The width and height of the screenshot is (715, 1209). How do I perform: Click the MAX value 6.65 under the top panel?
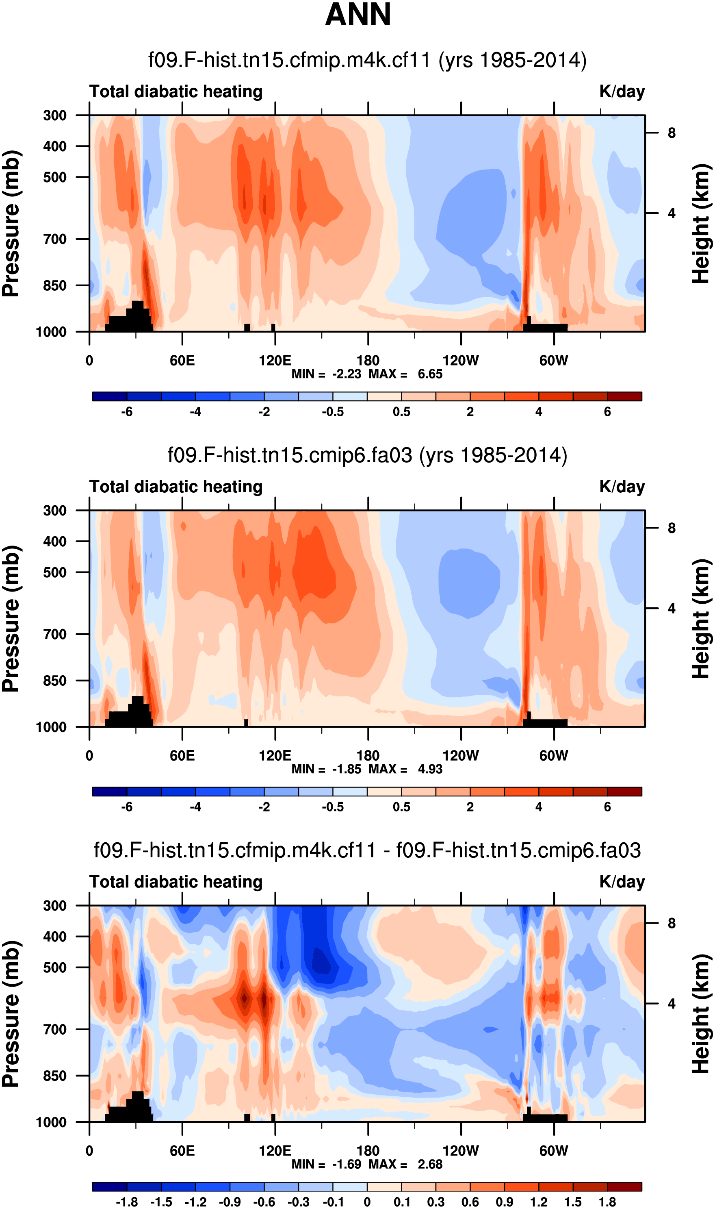click(x=430, y=374)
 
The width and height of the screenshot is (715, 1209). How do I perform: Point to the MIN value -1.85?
click(x=347, y=770)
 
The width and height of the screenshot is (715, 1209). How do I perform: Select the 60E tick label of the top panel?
click(x=182, y=361)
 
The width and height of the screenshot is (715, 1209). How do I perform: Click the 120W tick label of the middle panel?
click(x=461, y=755)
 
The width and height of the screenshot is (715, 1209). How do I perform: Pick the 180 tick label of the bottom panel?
click(x=368, y=1151)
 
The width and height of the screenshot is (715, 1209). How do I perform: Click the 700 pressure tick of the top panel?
click(x=55, y=239)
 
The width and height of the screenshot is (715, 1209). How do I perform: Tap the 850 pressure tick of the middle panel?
click(x=55, y=680)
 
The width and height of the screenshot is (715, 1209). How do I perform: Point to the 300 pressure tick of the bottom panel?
click(x=55, y=906)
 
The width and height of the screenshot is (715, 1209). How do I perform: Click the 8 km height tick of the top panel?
click(x=671, y=133)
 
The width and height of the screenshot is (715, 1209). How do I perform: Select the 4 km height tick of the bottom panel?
click(x=671, y=1004)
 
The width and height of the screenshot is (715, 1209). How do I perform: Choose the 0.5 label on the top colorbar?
click(x=401, y=412)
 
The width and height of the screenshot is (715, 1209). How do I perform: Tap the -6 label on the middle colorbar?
click(x=127, y=807)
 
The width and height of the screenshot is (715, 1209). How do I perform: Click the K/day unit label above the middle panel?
click(x=622, y=487)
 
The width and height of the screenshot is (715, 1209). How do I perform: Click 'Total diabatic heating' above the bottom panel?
click(x=176, y=882)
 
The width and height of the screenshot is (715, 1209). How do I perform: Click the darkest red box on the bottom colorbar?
click(x=624, y=1187)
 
